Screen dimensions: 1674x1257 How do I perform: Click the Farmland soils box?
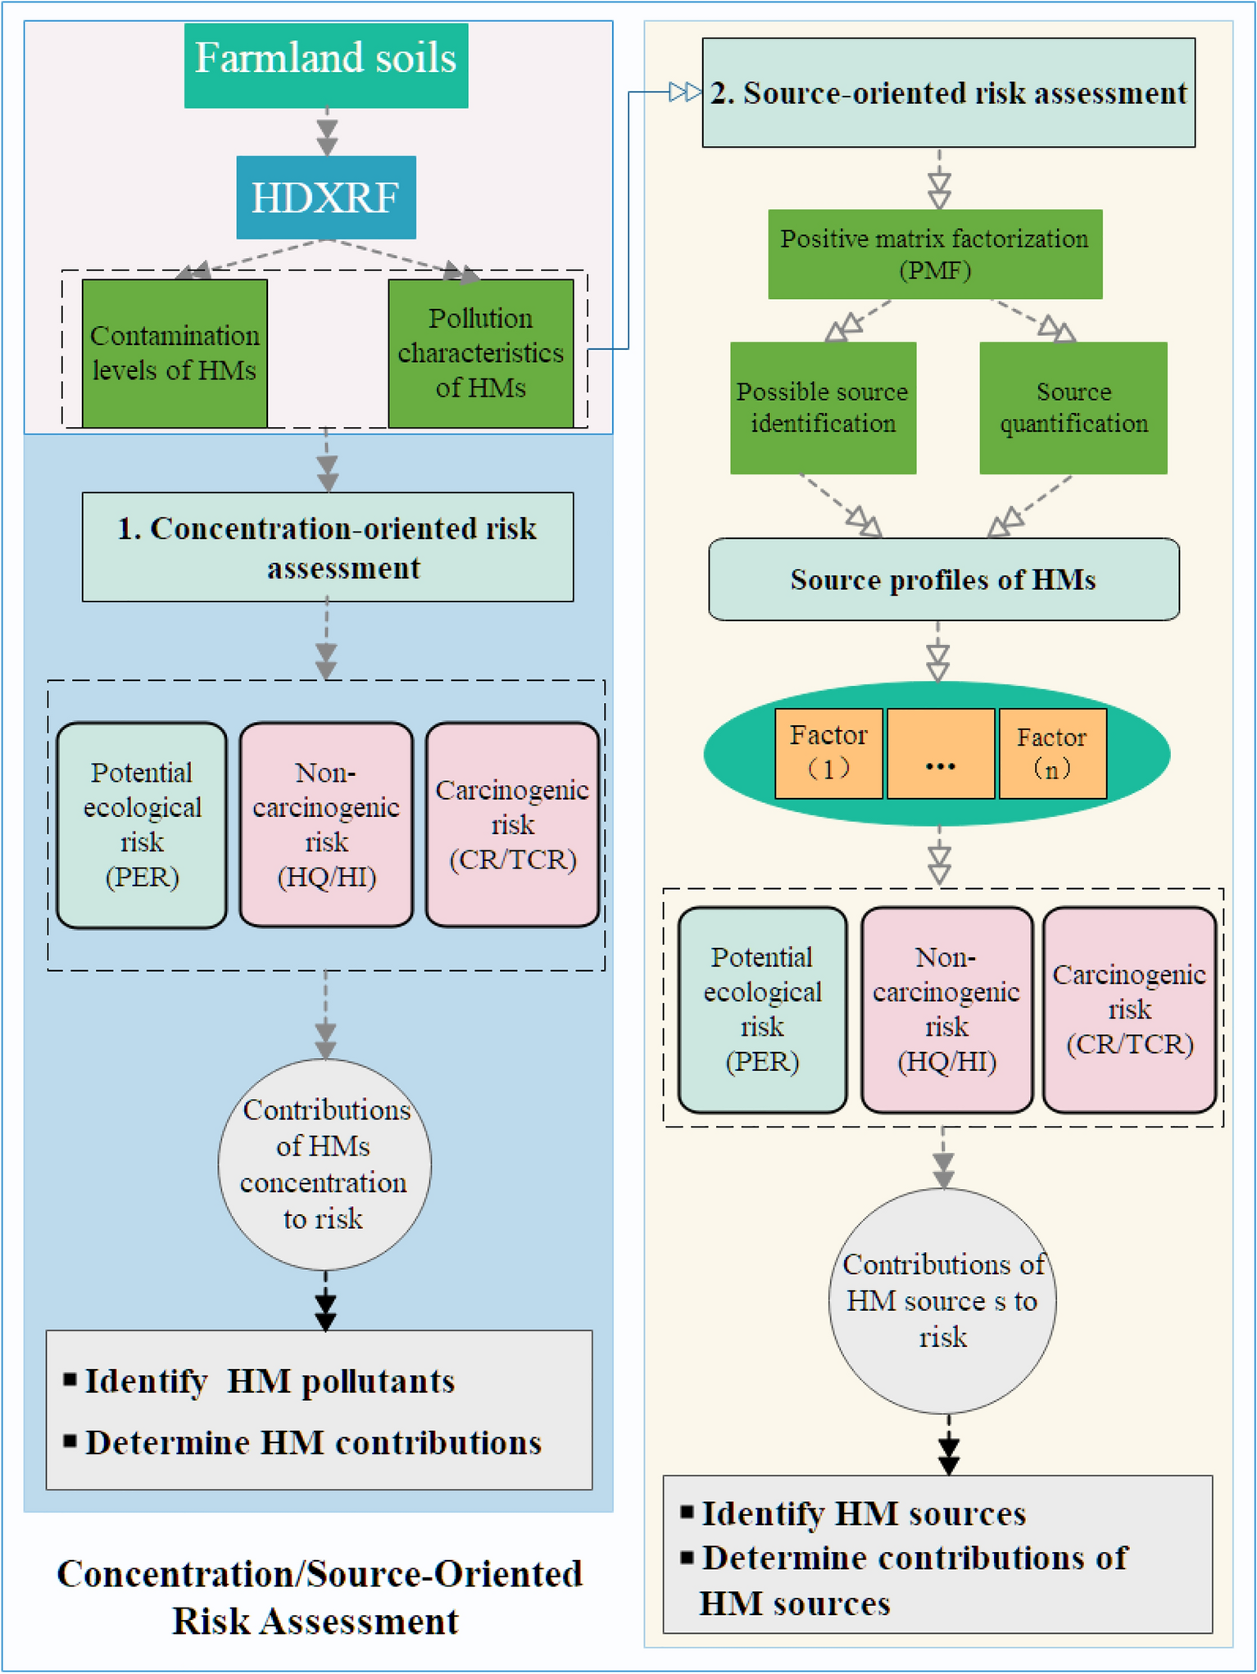tap(326, 65)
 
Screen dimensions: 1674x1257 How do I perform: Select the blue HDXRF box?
tap(326, 197)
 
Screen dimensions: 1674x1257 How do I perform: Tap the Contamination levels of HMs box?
tap(175, 353)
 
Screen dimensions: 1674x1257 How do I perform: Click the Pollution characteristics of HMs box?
tap(480, 353)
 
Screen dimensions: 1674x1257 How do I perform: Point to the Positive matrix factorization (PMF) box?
tap(934, 254)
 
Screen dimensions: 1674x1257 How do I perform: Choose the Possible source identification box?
tap(823, 407)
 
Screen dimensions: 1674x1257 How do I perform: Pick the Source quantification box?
tap(1073, 407)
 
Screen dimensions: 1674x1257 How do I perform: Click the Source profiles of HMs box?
tap(943, 579)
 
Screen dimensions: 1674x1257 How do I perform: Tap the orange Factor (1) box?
tap(828, 753)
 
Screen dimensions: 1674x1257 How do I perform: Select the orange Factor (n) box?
tap(1052, 753)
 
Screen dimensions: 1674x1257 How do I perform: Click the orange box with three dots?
tap(941, 753)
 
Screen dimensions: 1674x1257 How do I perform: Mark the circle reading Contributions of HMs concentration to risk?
tap(324, 1164)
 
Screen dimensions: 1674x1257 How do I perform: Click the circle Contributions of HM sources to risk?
tap(942, 1300)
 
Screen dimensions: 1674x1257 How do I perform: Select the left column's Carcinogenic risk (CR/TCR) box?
tap(512, 824)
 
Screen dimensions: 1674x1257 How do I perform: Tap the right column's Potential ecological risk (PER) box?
tap(762, 1009)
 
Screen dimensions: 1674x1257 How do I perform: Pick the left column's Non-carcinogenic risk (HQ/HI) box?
tap(326, 824)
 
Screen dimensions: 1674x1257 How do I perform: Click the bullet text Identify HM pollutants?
tap(270, 1381)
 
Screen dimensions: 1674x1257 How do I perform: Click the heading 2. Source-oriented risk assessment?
tap(948, 93)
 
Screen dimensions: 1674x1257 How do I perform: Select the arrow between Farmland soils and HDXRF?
tap(327, 132)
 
